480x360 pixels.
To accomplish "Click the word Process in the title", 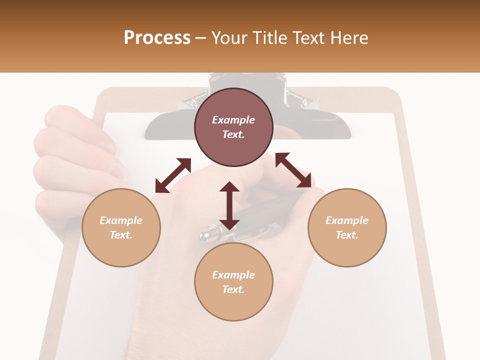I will (157, 37).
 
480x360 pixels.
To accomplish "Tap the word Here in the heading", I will (348, 37).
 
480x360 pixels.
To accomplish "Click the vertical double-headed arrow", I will (229, 205).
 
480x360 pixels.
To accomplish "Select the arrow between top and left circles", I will (173, 175).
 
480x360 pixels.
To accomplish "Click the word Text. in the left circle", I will (121, 235).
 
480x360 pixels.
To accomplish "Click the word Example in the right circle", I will (347, 220).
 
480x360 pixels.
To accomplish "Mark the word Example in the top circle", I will (233, 120).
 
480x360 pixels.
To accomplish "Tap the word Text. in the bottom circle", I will (233, 289).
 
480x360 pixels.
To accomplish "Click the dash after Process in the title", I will (200, 38).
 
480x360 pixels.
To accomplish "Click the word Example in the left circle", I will (121, 220).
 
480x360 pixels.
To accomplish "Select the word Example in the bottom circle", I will (233, 275).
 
